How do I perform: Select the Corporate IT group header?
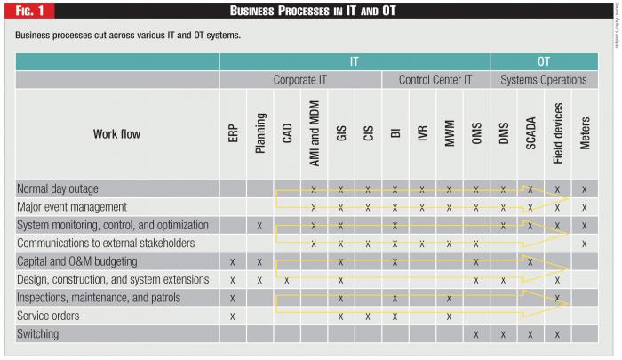click(301, 80)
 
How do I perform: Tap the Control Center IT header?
click(435, 80)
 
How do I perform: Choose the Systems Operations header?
click(543, 80)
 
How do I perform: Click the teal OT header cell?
click(543, 62)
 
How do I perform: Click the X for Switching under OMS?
click(476, 334)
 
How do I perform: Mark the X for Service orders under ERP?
click(232, 316)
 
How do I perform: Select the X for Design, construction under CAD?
click(287, 280)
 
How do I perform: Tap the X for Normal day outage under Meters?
click(585, 189)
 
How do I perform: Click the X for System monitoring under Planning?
click(259, 226)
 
